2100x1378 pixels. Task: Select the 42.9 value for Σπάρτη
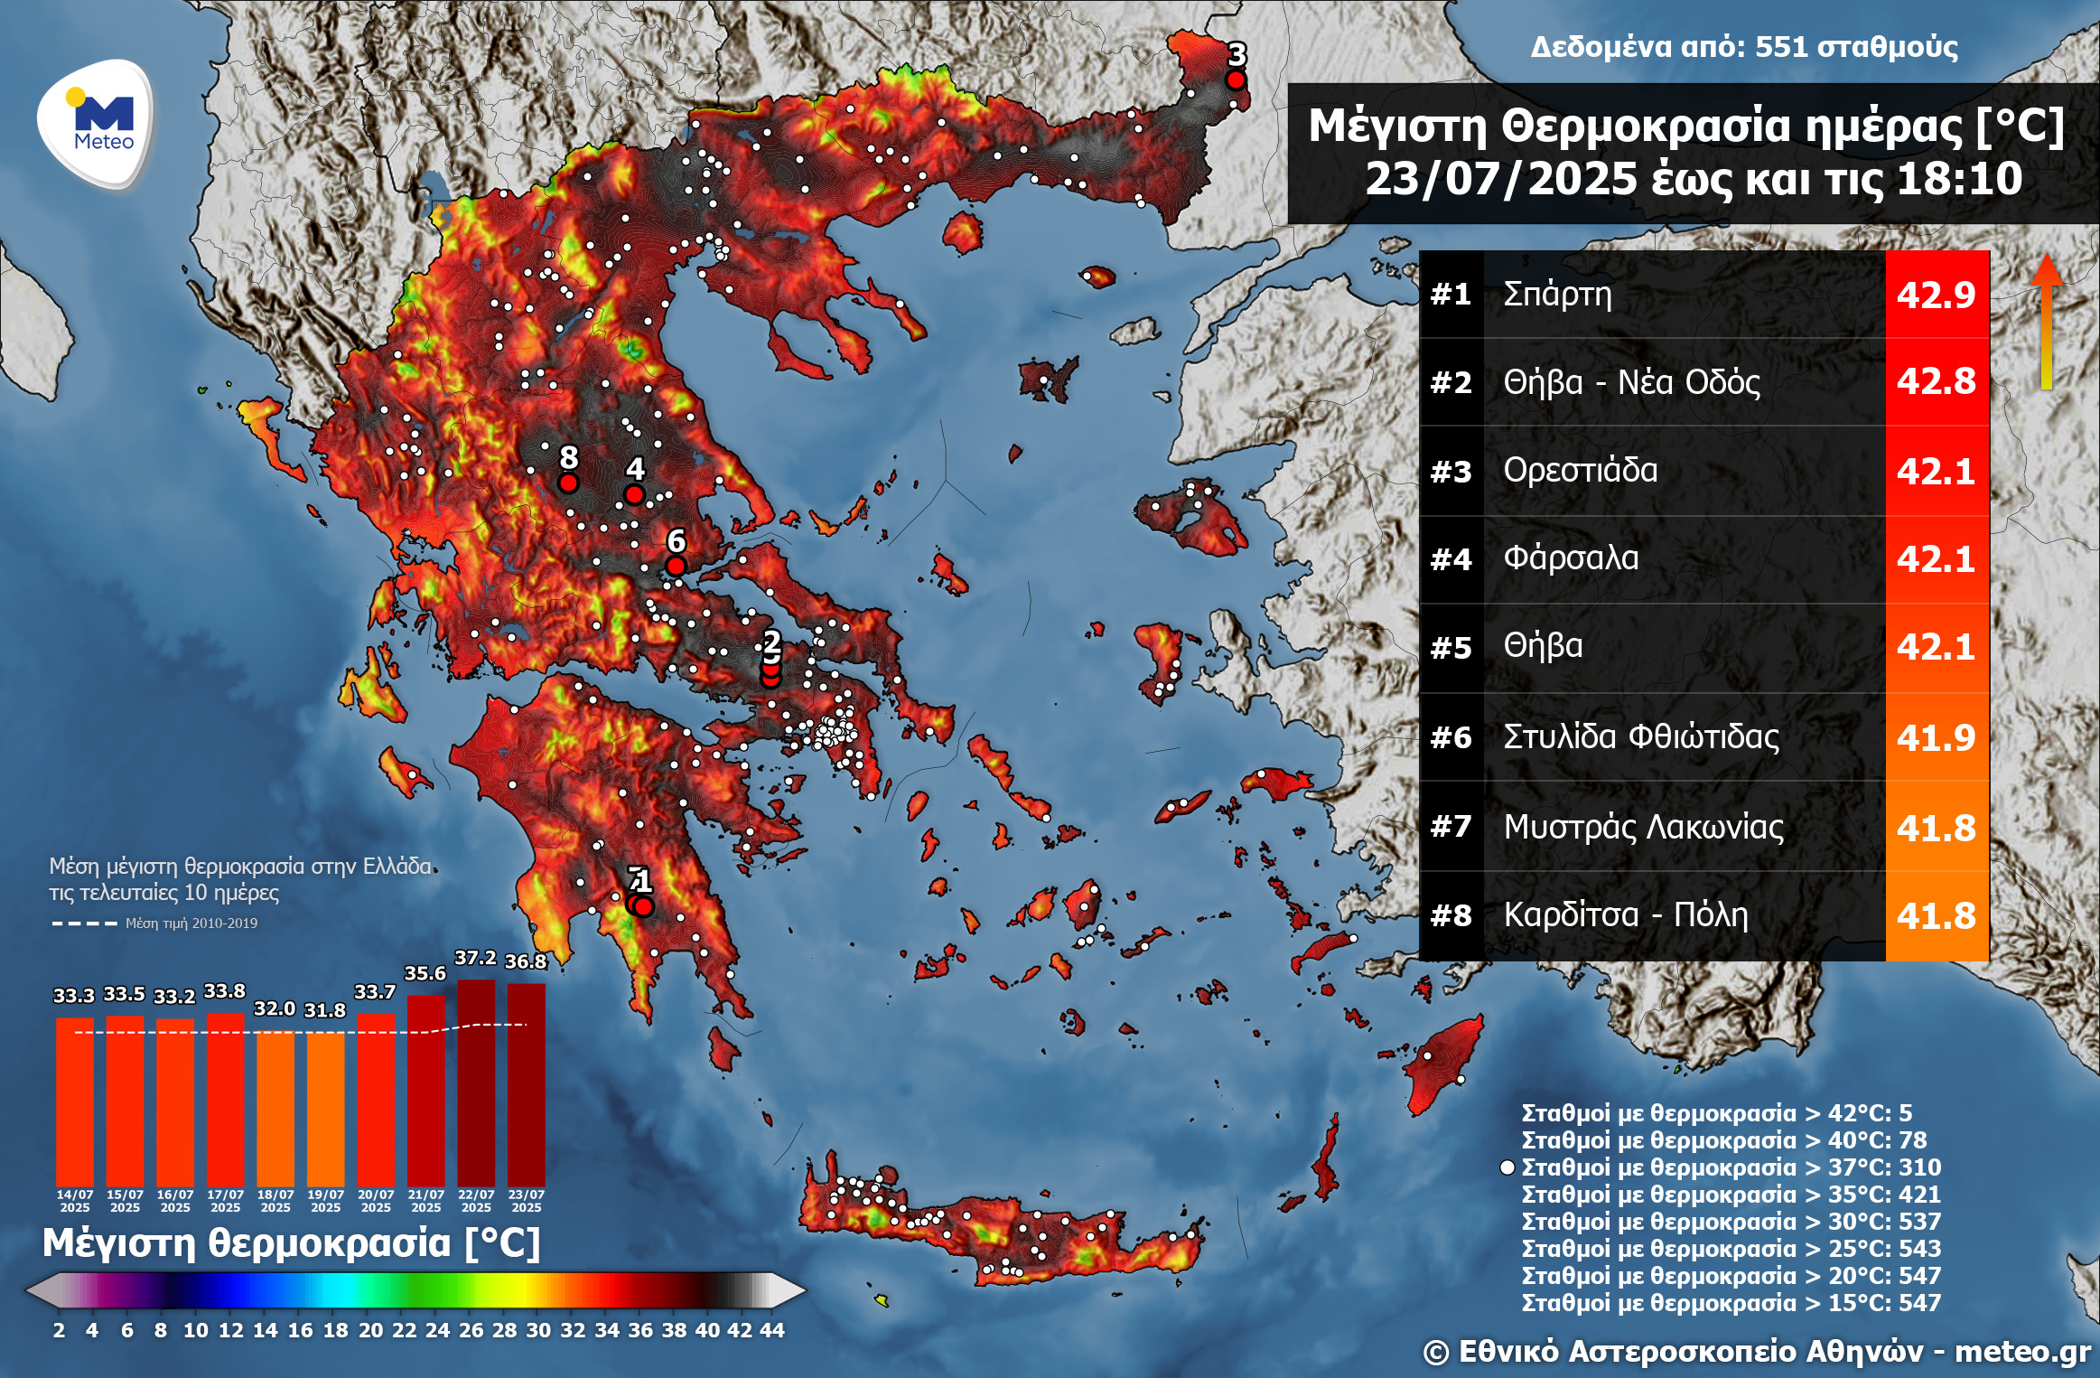[1936, 295]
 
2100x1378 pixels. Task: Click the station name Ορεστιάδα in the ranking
[1580, 470]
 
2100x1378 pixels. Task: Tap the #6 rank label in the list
[1451, 737]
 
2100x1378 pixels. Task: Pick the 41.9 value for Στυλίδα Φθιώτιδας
[1936, 737]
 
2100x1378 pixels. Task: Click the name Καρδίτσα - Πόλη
[1625, 914]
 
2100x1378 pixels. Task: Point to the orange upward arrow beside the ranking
[2047, 321]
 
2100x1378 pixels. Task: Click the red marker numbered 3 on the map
[1236, 80]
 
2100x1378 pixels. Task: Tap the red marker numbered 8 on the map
[568, 483]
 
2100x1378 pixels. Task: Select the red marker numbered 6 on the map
[676, 566]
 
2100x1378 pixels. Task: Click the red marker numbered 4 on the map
[634, 494]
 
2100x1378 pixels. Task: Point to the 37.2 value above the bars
[475, 958]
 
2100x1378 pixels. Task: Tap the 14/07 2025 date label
[75, 1201]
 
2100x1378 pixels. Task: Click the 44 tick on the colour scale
[771, 1330]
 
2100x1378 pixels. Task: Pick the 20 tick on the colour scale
[370, 1330]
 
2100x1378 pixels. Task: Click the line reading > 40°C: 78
[1723, 1140]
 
